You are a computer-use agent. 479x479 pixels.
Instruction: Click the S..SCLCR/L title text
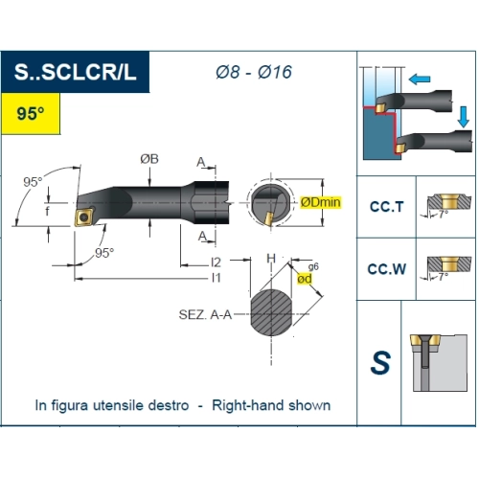point(76,72)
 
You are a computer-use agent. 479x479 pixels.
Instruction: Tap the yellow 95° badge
point(31,113)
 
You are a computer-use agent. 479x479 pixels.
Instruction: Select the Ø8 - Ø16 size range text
point(254,72)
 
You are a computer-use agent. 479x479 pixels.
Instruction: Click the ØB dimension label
point(149,159)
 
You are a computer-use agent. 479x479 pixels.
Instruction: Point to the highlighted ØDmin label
point(321,202)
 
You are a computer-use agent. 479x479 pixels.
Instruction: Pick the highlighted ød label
point(305,279)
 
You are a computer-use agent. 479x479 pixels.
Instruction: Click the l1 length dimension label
point(217,278)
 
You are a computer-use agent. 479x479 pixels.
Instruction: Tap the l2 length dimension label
point(216,262)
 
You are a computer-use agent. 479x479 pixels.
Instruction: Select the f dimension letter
point(47,211)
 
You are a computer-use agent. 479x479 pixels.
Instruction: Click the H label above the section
point(271,258)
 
